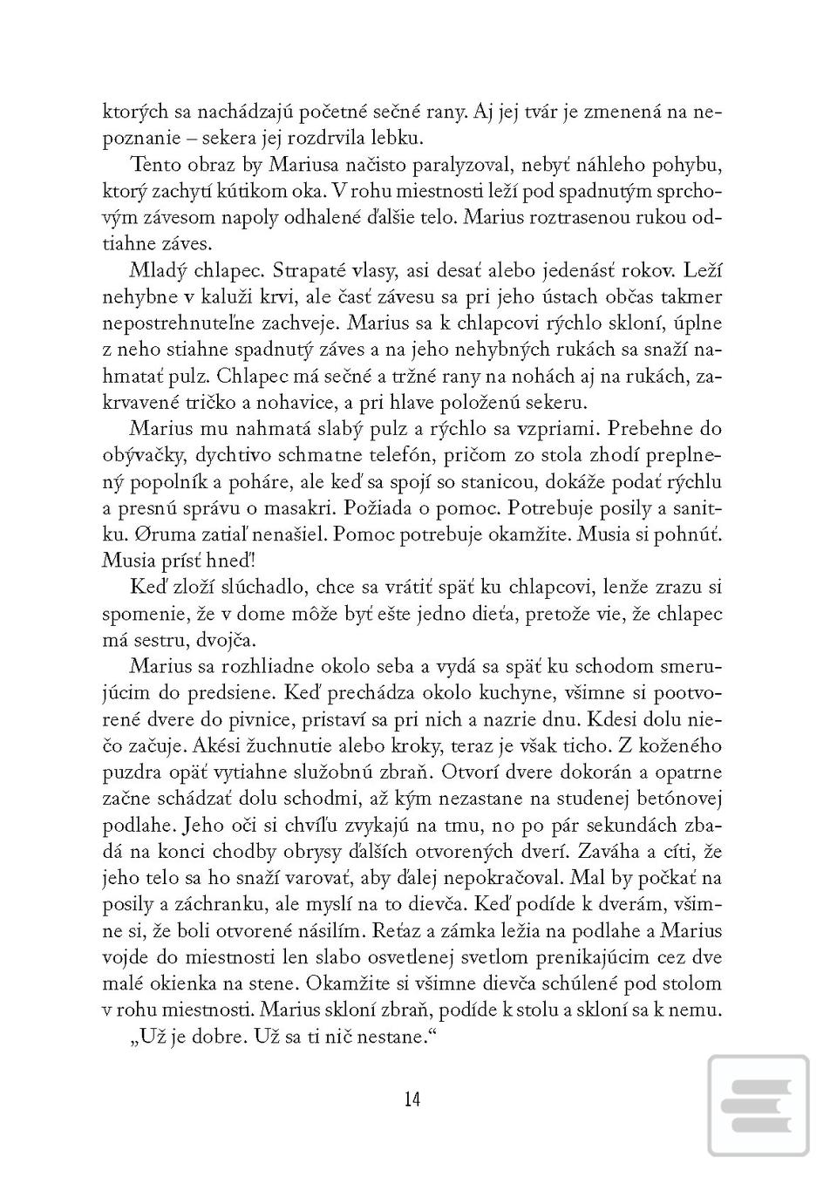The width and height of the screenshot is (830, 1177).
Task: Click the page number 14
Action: pyautogui.click(x=412, y=1099)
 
